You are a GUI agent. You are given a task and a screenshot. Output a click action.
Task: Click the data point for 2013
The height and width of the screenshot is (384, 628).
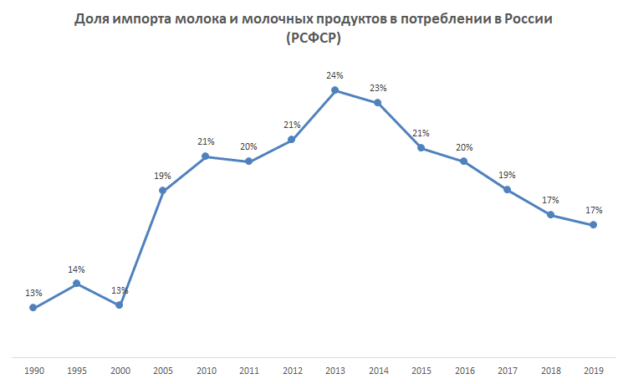(x=334, y=90)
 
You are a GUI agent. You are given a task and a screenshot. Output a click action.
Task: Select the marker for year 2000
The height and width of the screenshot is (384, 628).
(x=120, y=305)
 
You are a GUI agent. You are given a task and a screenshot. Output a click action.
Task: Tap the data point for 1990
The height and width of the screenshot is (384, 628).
(x=33, y=308)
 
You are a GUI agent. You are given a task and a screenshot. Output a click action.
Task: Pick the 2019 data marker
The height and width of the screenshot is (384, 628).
(x=594, y=225)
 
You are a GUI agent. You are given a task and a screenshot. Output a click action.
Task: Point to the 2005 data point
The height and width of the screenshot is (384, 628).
(x=162, y=192)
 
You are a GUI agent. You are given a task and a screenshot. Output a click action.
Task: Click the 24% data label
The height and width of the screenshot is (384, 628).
(x=334, y=75)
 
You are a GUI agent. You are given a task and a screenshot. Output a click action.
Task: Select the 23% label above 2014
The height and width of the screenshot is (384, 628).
(x=378, y=88)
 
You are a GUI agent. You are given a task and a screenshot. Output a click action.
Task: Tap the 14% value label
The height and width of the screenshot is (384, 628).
(x=77, y=269)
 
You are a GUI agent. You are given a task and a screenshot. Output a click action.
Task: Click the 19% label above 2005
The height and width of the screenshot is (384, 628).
(x=162, y=177)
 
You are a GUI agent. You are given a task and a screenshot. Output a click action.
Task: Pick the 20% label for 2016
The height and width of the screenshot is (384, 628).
(x=464, y=146)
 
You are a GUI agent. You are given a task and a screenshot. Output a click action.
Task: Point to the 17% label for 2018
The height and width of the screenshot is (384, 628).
(x=550, y=200)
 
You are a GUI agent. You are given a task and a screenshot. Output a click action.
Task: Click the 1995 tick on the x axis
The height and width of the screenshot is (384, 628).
(x=77, y=369)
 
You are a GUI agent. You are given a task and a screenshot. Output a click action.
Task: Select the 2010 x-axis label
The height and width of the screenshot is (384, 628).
(x=206, y=369)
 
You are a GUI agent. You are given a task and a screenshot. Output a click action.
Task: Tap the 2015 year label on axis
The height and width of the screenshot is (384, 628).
(x=421, y=369)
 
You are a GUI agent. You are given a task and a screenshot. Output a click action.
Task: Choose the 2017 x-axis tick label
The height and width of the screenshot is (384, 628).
(x=508, y=369)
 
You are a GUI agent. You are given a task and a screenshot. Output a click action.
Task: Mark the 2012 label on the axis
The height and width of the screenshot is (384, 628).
(x=292, y=369)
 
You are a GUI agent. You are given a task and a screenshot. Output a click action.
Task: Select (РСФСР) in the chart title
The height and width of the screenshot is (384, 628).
(x=314, y=38)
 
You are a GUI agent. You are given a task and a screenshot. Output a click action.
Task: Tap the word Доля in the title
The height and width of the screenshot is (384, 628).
(x=92, y=18)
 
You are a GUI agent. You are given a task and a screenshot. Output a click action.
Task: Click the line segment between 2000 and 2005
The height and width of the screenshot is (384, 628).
(x=140, y=248)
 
